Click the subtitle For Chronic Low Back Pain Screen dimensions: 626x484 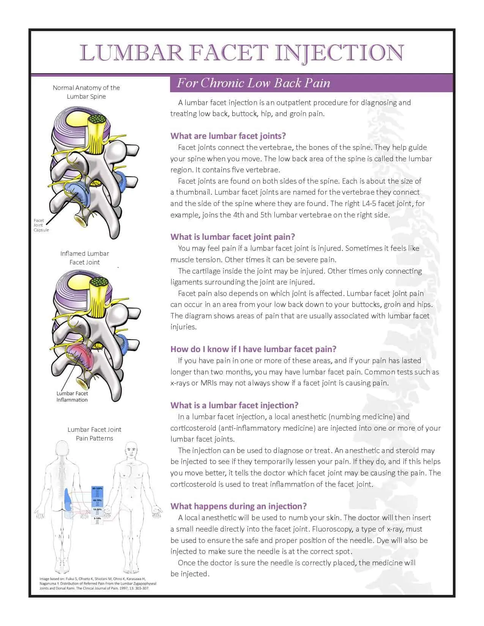[253, 83]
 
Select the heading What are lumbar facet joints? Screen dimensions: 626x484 [228, 136]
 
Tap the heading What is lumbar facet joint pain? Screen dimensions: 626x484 [232, 237]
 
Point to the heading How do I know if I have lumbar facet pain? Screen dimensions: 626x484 [253, 349]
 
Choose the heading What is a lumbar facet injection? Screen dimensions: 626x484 [234, 405]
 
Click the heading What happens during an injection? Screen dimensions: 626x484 [238, 506]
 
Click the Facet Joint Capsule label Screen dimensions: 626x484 [41, 225]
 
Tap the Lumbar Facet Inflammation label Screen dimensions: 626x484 [72, 396]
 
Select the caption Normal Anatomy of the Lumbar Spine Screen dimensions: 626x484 [86, 92]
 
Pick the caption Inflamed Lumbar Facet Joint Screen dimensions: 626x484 [85, 258]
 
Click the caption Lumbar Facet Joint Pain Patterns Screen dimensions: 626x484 [95, 434]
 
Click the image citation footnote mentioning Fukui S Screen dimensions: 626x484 [98, 584]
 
